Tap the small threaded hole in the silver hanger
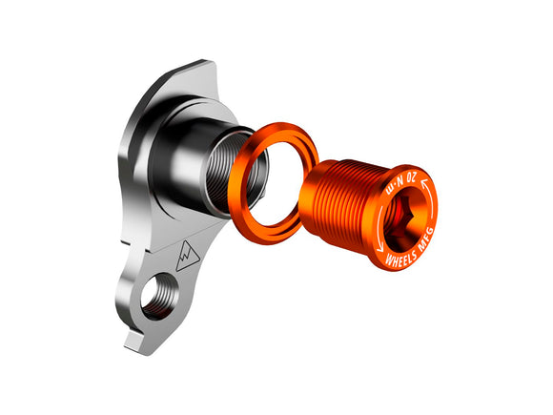[x=158, y=294]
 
